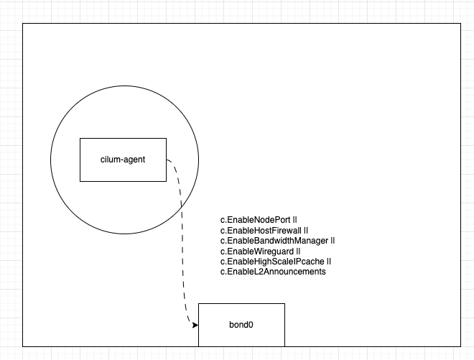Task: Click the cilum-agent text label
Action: tap(123, 160)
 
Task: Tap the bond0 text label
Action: tap(241, 325)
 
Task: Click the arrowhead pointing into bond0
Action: tap(195, 325)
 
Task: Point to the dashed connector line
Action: tap(182, 242)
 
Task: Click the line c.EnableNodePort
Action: tap(256, 220)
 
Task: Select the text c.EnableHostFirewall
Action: tap(261, 231)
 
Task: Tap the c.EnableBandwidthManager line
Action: tap(274, 241)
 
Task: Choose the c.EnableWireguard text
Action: tap(257, 251)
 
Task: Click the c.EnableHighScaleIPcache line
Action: tap(272, 262)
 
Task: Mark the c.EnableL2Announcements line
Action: tap(273, 272)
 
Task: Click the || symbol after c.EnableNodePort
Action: tap(294, 220)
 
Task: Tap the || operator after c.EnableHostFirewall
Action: tap(306, 231)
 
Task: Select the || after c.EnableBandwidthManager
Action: tap(333, 241)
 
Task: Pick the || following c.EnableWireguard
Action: tap(298, 251)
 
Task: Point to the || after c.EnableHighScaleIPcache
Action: tap(329, 262)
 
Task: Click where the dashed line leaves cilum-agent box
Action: tap(167, 160)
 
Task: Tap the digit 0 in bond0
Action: tap(251, 325)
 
